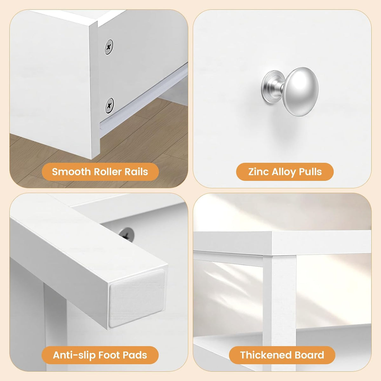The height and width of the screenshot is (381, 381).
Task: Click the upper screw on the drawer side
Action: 109,47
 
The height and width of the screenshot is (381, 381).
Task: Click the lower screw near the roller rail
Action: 109,106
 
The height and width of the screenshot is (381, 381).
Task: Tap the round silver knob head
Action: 301,91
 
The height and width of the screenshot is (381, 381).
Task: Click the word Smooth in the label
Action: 71,172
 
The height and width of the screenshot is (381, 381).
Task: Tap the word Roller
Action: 108,172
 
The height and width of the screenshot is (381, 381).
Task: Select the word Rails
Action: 136,172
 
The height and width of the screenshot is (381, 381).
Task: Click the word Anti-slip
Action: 74,355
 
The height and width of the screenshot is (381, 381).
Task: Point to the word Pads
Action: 135,355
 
